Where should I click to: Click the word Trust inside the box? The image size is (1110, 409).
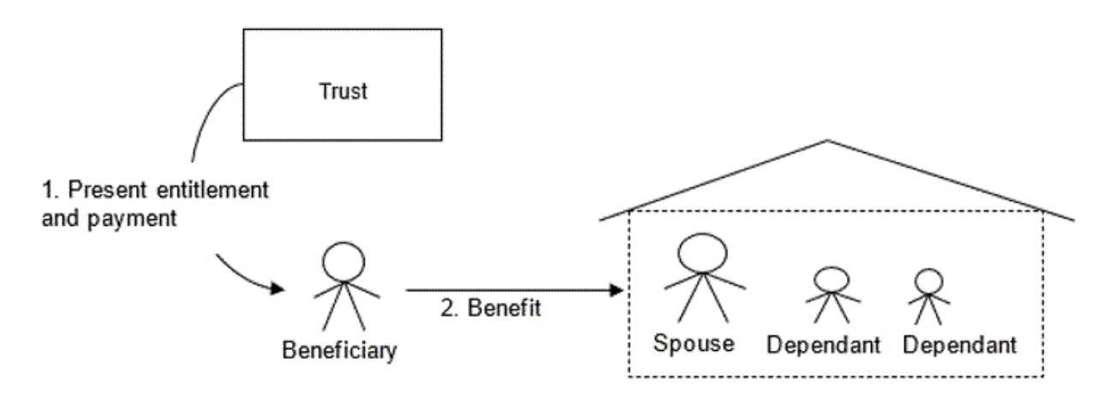[x=342, y=91]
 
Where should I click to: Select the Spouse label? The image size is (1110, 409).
[x=694, y=343]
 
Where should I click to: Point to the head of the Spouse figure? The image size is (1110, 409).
[x=701, y=250]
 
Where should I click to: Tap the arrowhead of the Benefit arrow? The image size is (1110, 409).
[x=616, y=291]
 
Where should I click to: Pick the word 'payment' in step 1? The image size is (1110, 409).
[x=132, y=217]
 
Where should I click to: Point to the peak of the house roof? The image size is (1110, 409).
[x=827, y=141]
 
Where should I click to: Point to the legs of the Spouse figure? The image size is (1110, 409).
[x=702, y=305]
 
